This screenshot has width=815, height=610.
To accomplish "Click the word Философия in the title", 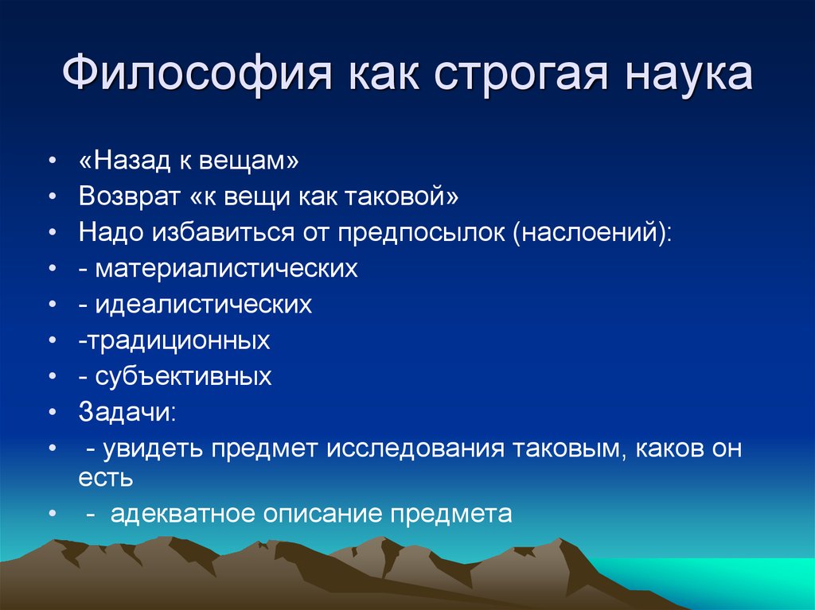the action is coord(197,73).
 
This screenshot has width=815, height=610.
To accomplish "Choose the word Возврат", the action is coord(130,196).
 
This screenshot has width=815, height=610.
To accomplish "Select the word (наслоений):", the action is coord(592,232).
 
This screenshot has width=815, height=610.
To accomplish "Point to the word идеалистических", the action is coord(203,305).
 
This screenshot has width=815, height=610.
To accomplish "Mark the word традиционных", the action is coord(177,341).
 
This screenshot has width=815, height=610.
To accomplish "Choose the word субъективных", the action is coord(183,376).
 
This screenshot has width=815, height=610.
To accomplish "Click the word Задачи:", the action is coord(128,412).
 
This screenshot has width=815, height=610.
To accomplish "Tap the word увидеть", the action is coord(152,449).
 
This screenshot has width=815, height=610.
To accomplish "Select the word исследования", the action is coord(415,449).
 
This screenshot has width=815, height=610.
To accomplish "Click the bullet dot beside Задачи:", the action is coord(52,413).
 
